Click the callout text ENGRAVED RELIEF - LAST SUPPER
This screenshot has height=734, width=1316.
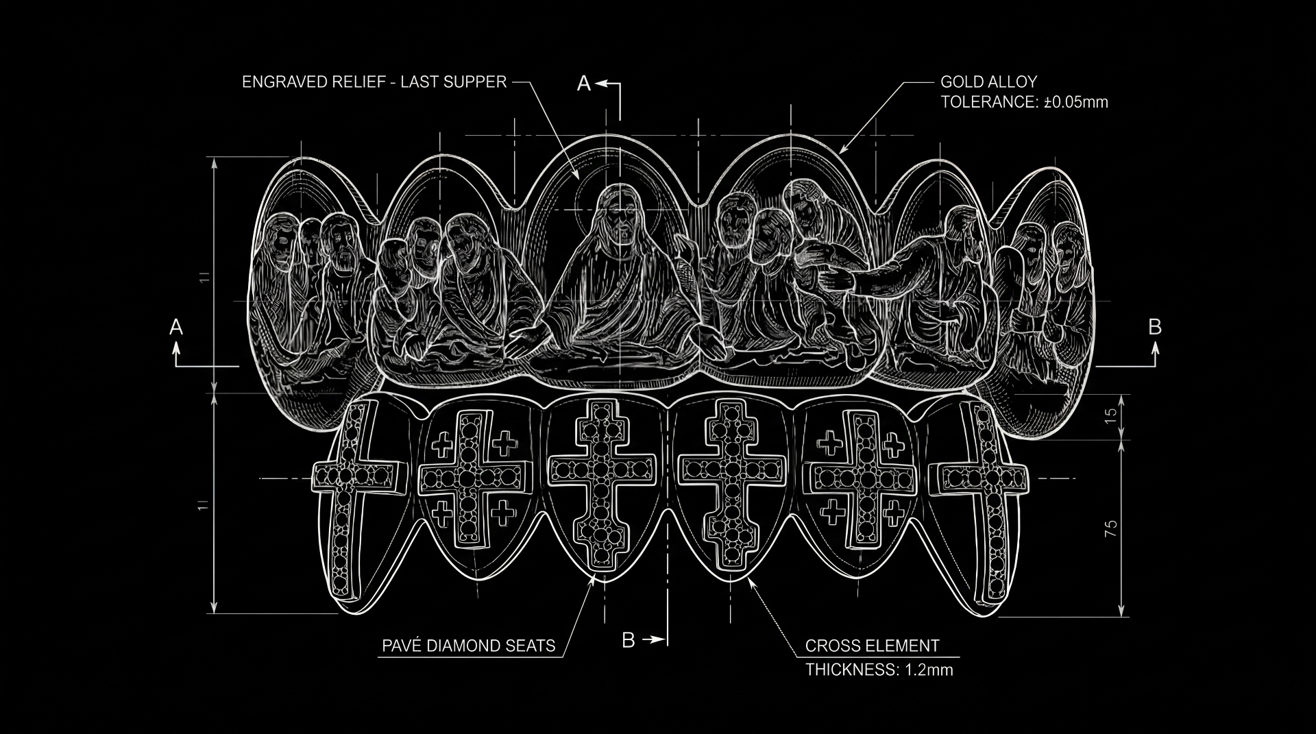374,82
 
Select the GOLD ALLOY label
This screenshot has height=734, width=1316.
988,82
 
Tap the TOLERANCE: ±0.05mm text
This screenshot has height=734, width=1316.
1024,102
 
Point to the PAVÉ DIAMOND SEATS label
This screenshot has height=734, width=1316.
468,646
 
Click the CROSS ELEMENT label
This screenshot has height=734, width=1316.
872,646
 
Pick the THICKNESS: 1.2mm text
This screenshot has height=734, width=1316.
879,670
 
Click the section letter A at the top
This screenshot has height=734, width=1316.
584,84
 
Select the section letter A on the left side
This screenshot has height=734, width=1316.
176,327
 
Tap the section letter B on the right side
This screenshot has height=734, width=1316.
1155,327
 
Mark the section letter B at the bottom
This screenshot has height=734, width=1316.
629,640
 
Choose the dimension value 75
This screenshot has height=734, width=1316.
1111,528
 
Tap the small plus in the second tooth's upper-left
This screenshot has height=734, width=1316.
443,444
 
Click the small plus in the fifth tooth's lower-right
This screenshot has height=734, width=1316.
894,511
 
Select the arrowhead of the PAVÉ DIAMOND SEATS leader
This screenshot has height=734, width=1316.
594,580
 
